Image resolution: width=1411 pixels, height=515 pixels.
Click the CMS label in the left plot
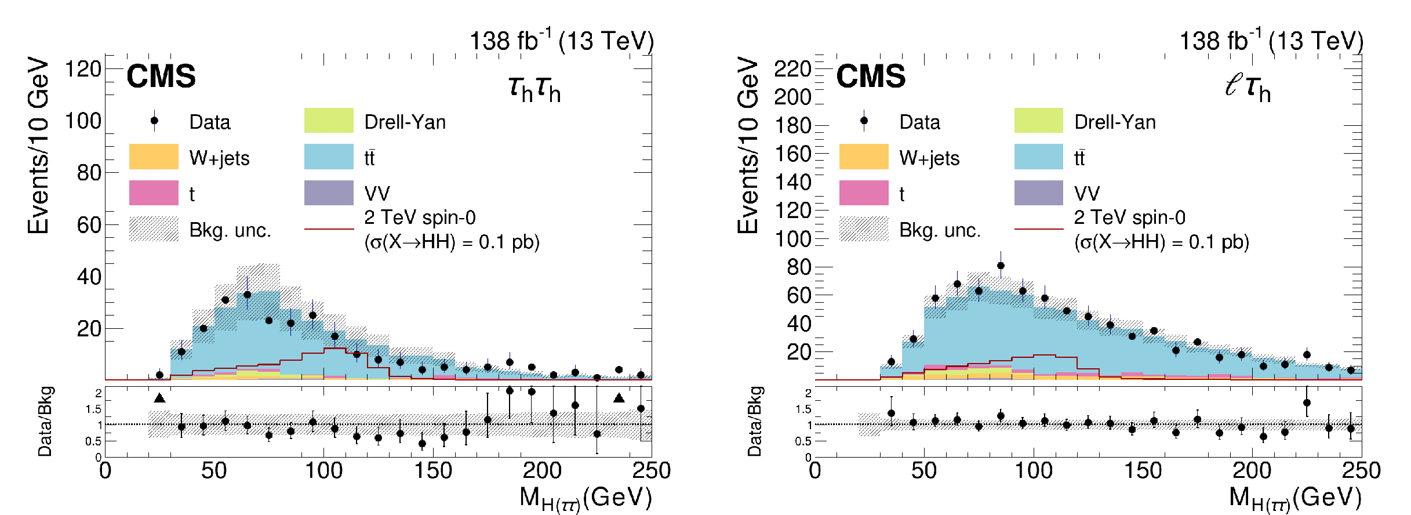point(161,77)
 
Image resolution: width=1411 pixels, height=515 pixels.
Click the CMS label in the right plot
point(871,77)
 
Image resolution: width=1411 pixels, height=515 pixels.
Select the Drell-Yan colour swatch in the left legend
point(329,120)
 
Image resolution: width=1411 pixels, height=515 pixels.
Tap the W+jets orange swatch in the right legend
point(864,157)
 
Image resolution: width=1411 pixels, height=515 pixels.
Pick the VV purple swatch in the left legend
point(329,193)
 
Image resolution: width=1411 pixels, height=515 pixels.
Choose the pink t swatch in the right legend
point(864,193)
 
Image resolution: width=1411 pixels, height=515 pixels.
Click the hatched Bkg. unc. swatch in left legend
point(154,229)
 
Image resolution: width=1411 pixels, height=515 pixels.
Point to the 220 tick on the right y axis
point(792,69)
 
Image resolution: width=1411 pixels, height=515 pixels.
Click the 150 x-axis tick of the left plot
point(432,470)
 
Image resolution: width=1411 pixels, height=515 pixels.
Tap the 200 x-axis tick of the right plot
point(1252,470)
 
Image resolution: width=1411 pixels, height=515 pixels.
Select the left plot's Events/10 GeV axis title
point(38,145)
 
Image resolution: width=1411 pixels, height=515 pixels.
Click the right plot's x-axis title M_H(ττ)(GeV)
point(1294,498)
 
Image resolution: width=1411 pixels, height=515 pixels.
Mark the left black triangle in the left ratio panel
point(159,398)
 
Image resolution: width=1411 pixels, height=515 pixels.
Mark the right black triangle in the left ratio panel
point(619,398)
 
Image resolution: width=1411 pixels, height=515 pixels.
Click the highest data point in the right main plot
point(1001,266)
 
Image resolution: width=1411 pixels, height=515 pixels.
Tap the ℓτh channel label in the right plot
point(1248,88)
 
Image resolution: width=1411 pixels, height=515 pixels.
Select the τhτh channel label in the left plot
point(534,88)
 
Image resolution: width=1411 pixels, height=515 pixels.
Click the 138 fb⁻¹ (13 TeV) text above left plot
point(561,41)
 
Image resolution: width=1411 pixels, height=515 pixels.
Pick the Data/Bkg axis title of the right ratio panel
point(754,422)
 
